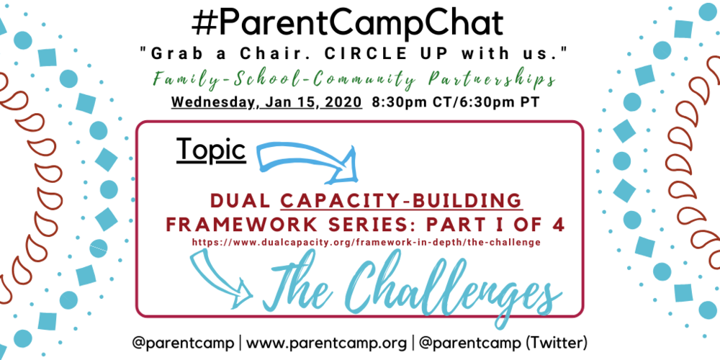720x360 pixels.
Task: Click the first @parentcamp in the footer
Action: pos(183,340)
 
